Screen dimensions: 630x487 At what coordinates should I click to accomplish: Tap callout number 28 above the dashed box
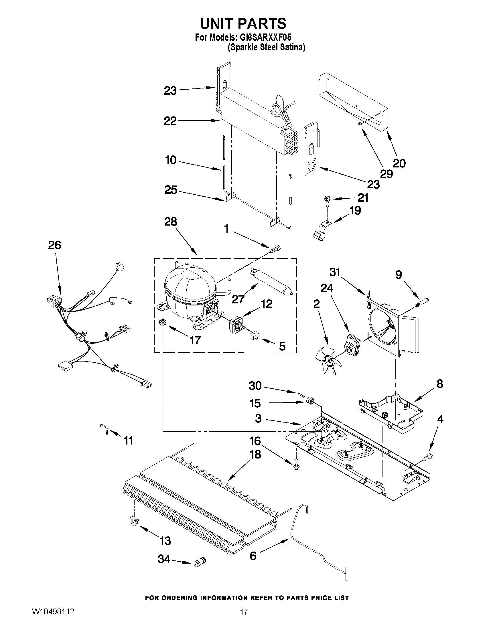tap(171, 222)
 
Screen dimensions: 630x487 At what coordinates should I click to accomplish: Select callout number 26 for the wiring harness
tap(54, 245)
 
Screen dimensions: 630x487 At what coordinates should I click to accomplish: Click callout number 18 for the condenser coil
tap(255, 454)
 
